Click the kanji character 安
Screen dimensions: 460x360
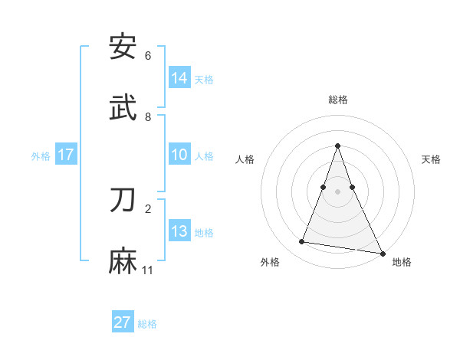tap(123, 47)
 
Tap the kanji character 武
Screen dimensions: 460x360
tap(123, 108)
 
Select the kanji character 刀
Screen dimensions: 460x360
tap(123, 201)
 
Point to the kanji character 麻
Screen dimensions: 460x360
tap(123, 261)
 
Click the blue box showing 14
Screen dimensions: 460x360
tap(179, 78)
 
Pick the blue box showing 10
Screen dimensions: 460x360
tap(179, 155)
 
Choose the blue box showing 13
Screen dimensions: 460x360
tap(179, 231)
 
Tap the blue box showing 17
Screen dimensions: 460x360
tap(66, 155)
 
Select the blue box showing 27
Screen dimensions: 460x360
tap(123, 322)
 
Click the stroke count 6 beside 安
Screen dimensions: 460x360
tap(148, 56)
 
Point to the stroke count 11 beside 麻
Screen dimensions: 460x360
tap(148, 270)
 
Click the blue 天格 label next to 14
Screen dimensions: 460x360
tap(204, 79)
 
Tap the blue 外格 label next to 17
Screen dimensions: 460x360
tap(41, 156)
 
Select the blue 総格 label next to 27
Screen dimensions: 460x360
tap(147, 323)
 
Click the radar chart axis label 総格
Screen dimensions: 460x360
tap(338, 100)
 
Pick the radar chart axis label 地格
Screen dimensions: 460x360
tap(402, 262)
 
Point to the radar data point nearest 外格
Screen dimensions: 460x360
tap(302, 242)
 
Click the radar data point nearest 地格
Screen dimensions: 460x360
tap(383, 253)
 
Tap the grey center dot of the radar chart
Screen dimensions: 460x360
tap(338, 191)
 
